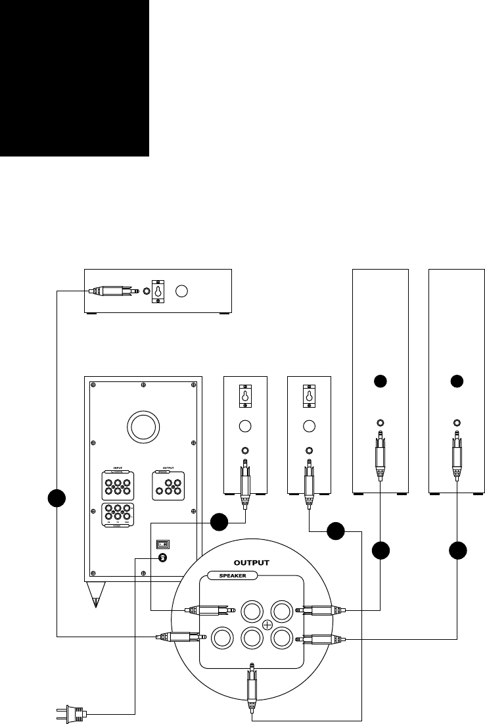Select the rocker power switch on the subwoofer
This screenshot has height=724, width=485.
(163, 544)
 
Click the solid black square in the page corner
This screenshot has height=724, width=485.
(74, 78)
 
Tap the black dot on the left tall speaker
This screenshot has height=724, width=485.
(381, 381)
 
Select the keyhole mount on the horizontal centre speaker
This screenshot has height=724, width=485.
(158, 291)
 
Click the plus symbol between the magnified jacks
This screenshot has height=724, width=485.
(267, 623)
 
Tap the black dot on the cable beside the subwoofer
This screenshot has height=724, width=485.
(57, 498)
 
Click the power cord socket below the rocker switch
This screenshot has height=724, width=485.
(163, 558)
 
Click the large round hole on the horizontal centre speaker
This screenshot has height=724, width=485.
(184, 291)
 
